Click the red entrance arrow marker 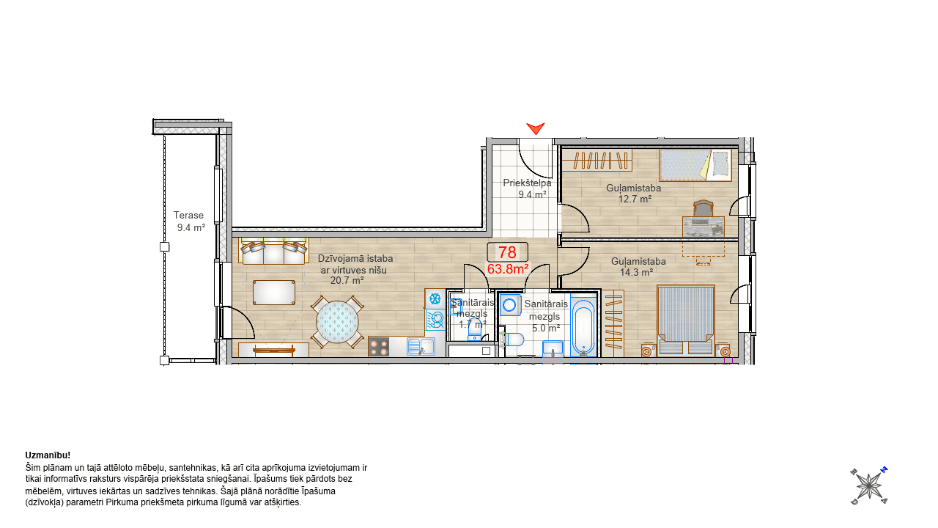[536, 128]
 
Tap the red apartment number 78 [507, 252]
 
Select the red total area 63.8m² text [508, 269]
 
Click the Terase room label [188, 216]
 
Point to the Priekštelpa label [527, 183]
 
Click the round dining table [337, 322]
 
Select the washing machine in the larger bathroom [510, 305]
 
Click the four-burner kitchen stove [379, 347]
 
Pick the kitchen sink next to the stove [421, 347]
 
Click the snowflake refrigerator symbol [435, 298]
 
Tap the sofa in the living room [273, 251]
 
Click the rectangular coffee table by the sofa [274, 293]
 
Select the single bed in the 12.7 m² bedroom [695, 165]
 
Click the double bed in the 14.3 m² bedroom [685, 320]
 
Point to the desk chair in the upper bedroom [703, 209]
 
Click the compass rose [869, 486]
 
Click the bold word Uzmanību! [48, 455]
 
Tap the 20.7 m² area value [347, 280]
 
